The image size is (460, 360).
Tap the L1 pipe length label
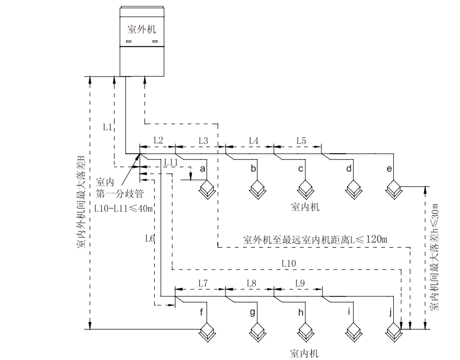pyautogui.click(x=108, y=127)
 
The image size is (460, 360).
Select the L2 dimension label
pyautogui.click(x=158, y=140)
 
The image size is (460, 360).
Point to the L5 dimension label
pyautogui.click(x=301, y=141)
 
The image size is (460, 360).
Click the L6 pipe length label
pyautogui.click(x=150, y=238)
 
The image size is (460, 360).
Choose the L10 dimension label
pyautogui.click(x=289, y=263)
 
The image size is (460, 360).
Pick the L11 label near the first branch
pyautogui.click(x=171, y=162)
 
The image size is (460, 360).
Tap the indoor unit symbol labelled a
pyautogui.click(x=207, y=190)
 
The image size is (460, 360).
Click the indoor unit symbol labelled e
pyautogui.click(x=393, y=190)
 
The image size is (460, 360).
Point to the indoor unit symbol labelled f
pyautogui.click(x=207, y=330)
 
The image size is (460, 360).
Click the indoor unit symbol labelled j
pyautogui.click(x=393, y=330)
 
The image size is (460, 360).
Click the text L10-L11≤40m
pyautogui.click(x=123, y=208)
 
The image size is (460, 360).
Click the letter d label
pyautogui.click(x=349, y=169)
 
